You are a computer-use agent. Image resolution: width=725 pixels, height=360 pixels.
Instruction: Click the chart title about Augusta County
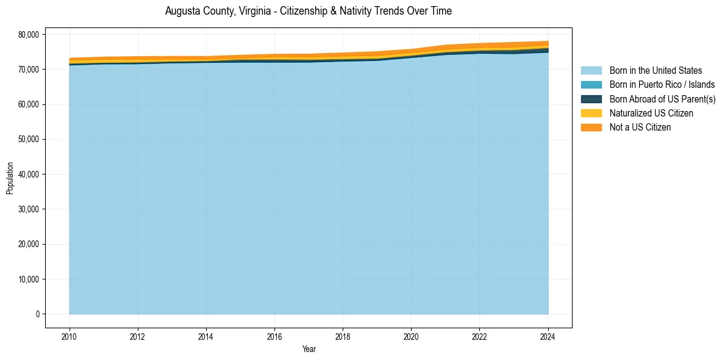[308, 11]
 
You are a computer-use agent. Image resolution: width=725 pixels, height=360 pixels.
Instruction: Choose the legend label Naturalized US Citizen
[651, 113]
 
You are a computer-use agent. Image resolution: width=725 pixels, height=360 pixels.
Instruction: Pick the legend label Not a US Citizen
[640, 128]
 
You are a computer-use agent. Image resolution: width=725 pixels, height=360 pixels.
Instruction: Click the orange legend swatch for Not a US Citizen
[591, 128]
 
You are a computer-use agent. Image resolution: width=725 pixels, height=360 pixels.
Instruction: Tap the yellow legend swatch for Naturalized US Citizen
[591, 113]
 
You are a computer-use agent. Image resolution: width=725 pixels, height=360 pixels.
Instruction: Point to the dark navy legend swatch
[591, 99]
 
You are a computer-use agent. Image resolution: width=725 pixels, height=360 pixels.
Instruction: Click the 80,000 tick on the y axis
[28, 35]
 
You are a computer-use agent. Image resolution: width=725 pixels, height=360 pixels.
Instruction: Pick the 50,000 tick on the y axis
[28, 140]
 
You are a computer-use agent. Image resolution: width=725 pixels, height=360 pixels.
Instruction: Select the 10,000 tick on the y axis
[28, 279]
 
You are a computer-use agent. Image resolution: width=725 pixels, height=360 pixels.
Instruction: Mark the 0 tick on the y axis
[37, 314]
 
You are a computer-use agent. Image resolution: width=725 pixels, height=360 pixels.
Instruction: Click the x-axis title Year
[309, 349]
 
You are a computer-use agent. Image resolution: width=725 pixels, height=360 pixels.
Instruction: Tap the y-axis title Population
[10, 178]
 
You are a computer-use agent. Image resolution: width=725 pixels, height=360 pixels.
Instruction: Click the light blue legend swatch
[591, 71]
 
